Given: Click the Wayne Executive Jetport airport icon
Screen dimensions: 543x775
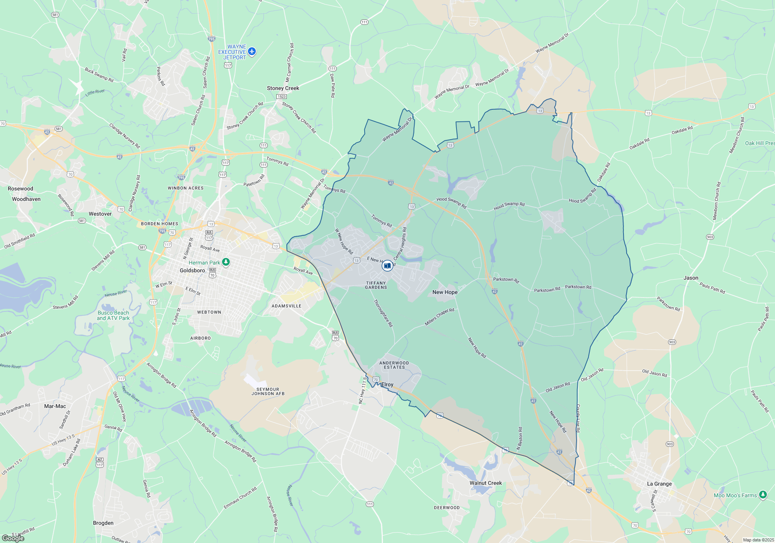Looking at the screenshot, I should [x=252, y=51].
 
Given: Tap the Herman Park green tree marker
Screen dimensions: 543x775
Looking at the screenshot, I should [x=226, y=262].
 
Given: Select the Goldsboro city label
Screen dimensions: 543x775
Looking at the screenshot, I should [x=192, y=270].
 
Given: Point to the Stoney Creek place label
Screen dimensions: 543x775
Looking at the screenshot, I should [x=283, y=88].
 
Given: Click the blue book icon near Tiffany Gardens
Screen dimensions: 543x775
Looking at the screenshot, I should [x=387, y=266].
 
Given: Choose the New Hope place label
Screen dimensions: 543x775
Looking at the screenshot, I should [x=445, y=292].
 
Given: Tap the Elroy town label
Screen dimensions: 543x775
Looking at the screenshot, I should [x=387, y=384].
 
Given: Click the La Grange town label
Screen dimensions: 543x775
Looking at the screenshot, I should [x=659, y=484].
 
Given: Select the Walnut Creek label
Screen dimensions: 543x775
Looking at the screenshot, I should [x=486, y=483].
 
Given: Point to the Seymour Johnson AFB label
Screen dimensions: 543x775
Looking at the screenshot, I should [x=268, y=391].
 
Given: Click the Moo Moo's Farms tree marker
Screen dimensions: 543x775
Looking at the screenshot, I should [x=763, y=495].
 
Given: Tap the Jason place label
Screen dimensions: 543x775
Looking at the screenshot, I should [x=691, y=278].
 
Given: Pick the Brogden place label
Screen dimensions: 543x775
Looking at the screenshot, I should [x=103, y=523].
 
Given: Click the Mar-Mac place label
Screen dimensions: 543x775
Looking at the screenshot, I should [x=55, y=406].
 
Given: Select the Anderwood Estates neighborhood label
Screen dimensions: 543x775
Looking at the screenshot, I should [x=394, y=365].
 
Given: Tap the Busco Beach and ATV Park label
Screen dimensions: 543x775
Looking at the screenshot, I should [x=113, y=315].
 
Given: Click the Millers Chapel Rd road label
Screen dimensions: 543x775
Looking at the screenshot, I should [x=439, y=317].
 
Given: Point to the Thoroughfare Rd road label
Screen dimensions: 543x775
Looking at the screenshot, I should [x=383, y=313].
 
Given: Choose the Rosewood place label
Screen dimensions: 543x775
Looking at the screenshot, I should [x=21, y=188].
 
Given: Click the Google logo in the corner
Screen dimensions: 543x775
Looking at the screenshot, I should [x=13, y=538].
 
